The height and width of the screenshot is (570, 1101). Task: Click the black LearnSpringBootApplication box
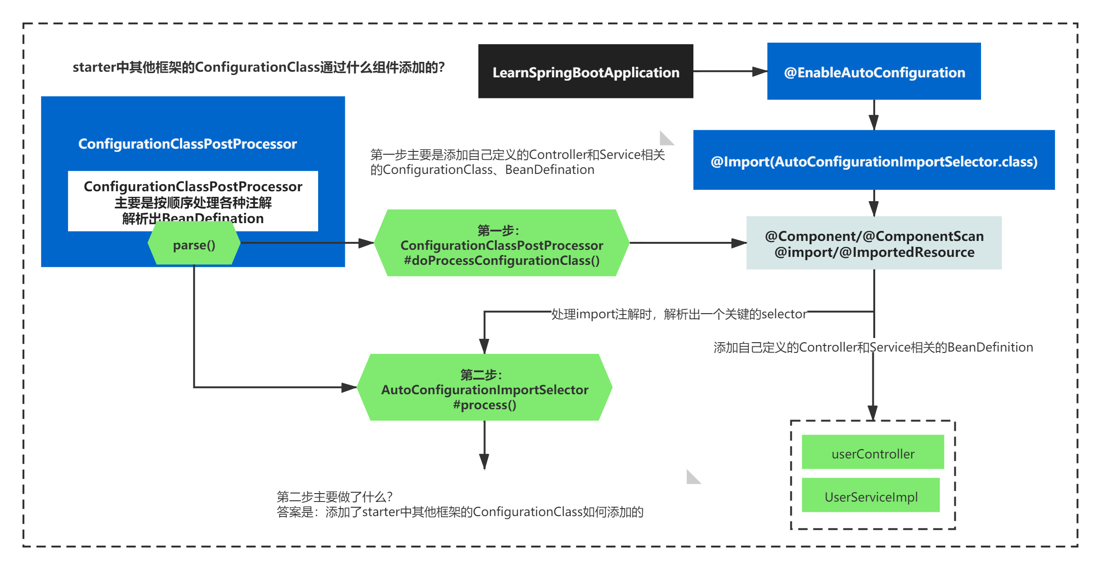click(x=585, y=71)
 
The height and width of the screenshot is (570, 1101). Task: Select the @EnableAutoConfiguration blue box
click(x=874, y=71)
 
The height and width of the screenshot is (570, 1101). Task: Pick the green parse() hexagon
click(x=194, y=244)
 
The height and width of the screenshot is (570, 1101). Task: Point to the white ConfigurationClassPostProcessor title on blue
click(x=187, y=143)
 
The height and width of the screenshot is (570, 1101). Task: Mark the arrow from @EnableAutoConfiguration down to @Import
click(x=874, y=115)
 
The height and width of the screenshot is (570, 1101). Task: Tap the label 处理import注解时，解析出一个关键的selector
click(x=678, y=314)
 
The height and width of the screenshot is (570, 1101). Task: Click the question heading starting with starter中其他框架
click(x=258, y=67)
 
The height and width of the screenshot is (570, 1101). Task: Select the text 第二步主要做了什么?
click(x=335, y=496)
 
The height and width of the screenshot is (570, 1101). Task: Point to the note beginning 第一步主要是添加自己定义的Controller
click(x=517, y=162)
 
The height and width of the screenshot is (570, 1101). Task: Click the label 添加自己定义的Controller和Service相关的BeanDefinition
click(x=873, y=347)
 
